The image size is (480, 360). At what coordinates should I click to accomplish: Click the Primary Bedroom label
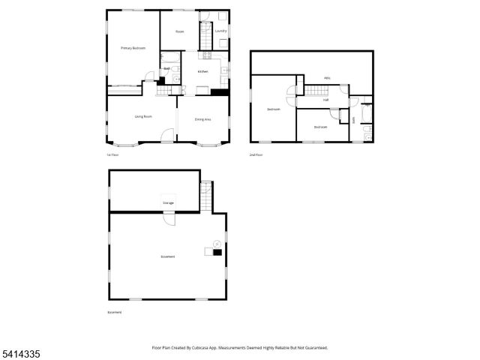coord(133,48)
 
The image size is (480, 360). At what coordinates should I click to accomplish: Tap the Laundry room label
coord(220,31)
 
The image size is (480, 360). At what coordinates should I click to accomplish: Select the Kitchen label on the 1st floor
coord(202,71)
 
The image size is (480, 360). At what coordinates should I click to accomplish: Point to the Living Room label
coord(143,116)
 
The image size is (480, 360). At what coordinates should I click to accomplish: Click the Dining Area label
coord(202,119)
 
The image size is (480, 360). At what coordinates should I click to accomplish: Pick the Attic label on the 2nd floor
coord(327,78)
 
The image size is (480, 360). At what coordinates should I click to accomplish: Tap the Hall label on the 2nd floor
coord(325,99)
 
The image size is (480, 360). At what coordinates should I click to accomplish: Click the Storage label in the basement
coord(168,202)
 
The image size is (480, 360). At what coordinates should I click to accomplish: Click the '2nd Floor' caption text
coord(256,154)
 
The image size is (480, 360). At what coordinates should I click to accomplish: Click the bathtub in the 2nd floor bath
coord(364,114)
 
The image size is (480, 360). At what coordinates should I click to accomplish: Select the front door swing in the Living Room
coord(168,136)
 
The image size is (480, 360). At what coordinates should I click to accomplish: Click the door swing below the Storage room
coord(169,219)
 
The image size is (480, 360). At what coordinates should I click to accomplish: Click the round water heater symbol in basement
coord(216,243)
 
